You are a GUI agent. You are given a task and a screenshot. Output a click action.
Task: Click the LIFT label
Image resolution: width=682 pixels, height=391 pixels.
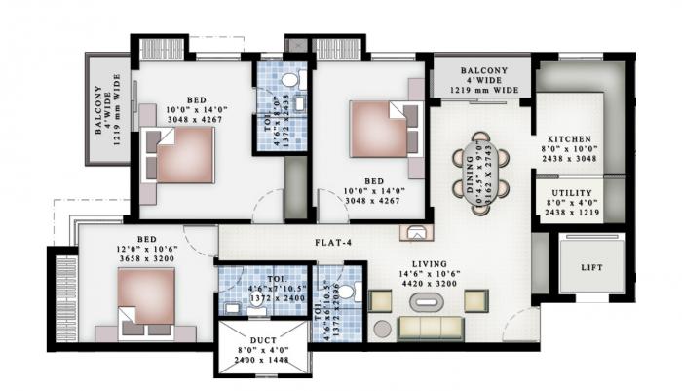[591, 268]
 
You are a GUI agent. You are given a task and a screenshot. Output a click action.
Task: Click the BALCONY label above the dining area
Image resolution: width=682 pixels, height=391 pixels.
[481, 72]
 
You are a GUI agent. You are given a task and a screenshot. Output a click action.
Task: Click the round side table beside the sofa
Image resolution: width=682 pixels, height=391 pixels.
[382, 329]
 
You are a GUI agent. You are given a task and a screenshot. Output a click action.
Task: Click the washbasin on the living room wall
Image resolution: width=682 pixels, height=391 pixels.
[415, 232]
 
